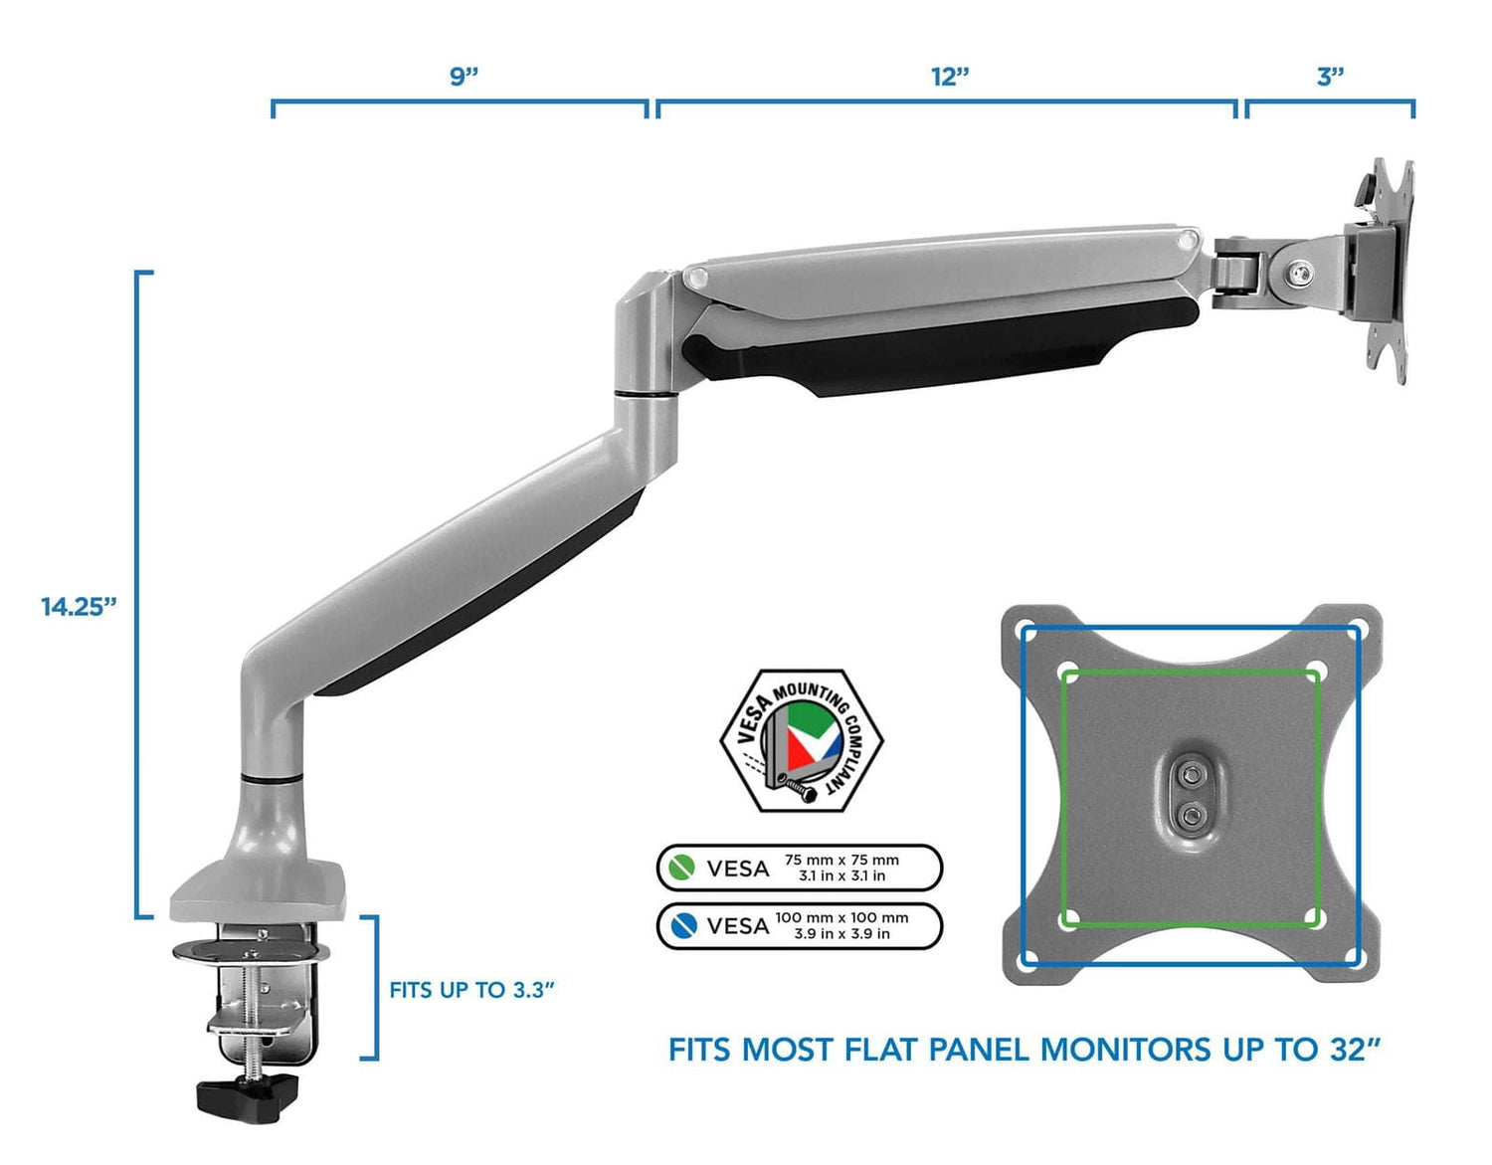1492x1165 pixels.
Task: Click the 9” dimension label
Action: click(464, 77)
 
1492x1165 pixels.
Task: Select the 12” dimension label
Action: click(950, 77)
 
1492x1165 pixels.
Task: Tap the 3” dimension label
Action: click(1330, 77)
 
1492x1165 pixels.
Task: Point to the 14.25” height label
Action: click(79, 606)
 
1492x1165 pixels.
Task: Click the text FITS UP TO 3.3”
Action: click(471, 990)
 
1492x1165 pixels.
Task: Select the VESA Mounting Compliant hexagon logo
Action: click(802, 740)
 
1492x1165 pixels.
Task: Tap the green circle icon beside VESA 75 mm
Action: click(681, 868)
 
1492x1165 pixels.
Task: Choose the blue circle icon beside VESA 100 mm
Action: click(681, 925)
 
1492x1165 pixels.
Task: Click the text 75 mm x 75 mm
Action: click(841, 860)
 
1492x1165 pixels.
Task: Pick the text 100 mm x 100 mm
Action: click(841, 917)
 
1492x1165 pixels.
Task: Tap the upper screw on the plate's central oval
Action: click(1189, 773)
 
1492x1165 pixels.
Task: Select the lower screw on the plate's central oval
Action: click(1189, 817)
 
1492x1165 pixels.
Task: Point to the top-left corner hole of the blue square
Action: click(1027, 631)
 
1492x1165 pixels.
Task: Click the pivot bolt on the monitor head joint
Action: click(1298, 273)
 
